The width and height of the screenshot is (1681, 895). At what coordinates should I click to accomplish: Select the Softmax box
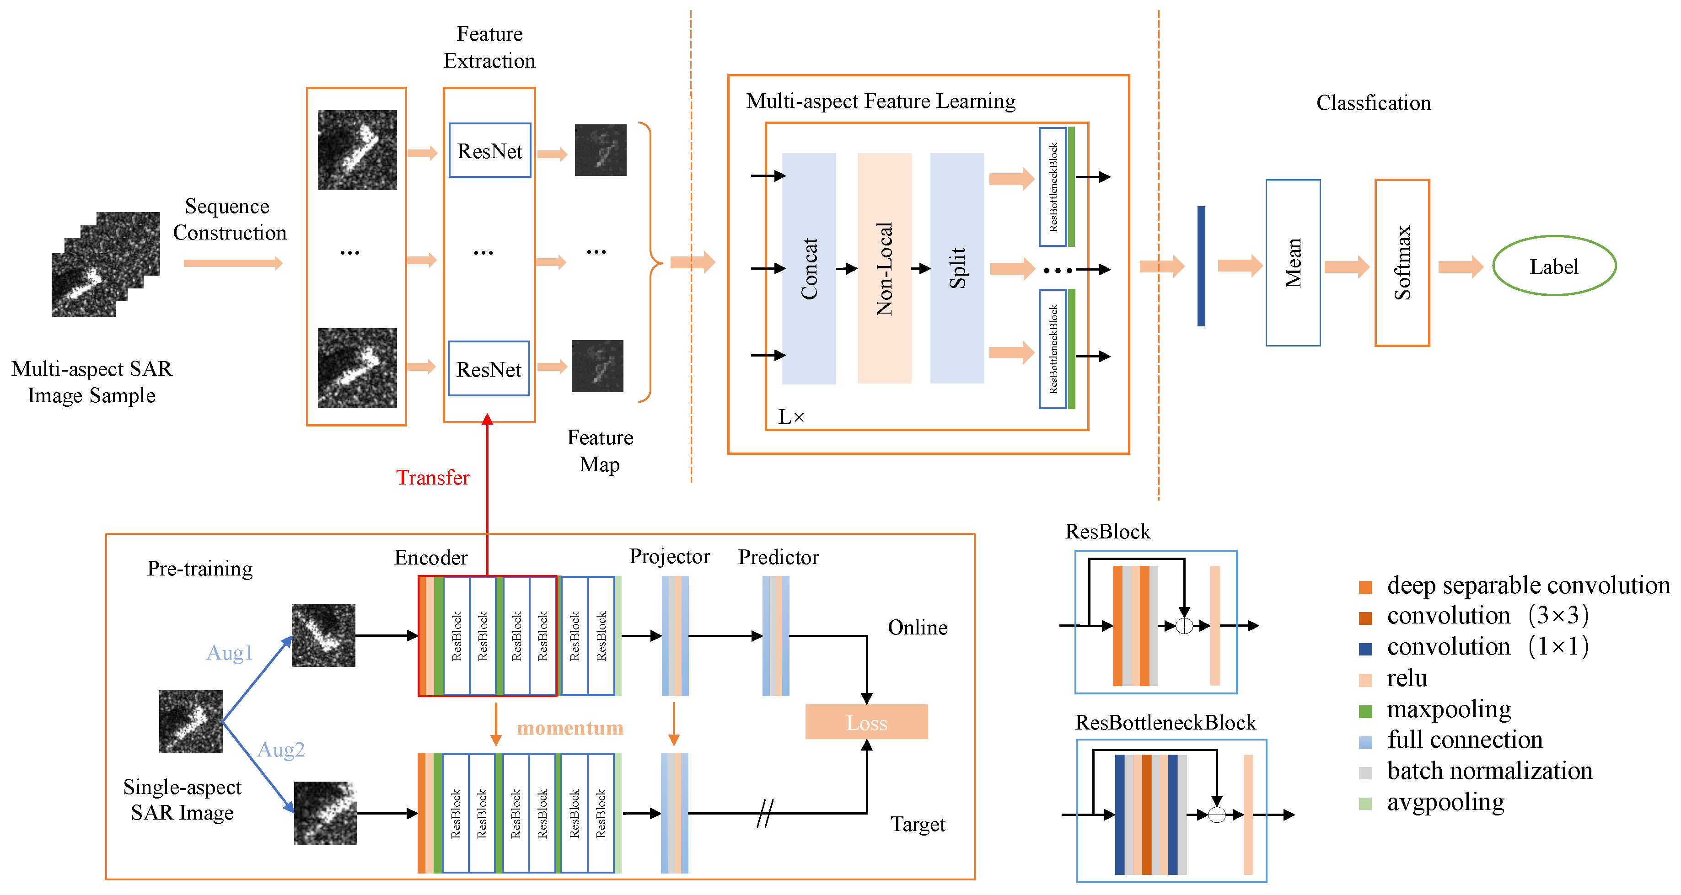click(1402, 262)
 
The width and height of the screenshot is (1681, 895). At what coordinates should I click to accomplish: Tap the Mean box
click(1292, 262)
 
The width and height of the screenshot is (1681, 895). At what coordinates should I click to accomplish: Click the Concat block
click(809, 268)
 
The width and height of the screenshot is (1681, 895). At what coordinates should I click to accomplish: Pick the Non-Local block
click(884, 268)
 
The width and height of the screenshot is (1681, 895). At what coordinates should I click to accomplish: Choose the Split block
click(956, 268)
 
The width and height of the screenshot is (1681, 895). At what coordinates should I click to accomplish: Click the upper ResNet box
click(489, 151)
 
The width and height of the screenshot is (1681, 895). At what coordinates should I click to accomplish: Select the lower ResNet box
click(489, 369)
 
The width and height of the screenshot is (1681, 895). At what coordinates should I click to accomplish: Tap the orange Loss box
click(866, 722)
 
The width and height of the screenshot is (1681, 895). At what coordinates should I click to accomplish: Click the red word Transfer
click(433, 478)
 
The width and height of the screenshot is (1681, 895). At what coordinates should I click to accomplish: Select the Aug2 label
click(280, 750)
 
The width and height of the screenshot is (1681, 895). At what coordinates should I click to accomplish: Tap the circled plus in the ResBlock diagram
click(1184, 626)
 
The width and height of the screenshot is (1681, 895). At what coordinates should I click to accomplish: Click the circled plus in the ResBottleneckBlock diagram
click(1216, 815)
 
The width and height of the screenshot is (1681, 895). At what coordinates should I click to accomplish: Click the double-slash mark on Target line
click(764, 814)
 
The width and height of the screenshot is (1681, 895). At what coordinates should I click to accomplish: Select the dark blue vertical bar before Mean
click(1201, 266)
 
